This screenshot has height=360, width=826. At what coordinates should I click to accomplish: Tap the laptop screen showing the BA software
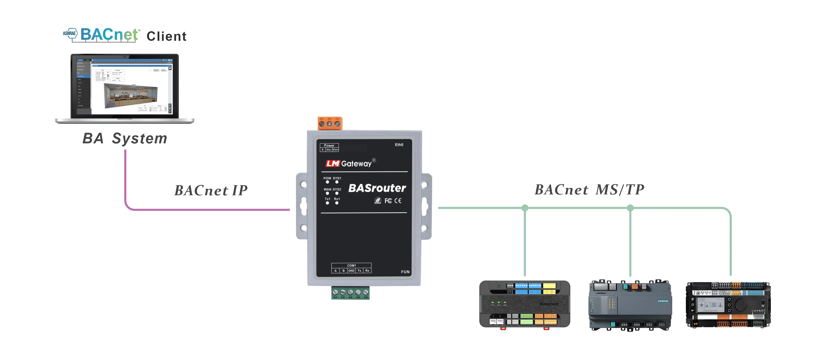(125, 87)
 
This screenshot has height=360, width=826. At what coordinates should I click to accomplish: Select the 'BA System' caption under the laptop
(124, 139)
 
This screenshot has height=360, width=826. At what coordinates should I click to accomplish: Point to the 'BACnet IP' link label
(211, 190)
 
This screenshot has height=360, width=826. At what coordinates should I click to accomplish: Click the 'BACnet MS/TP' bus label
(589, 190)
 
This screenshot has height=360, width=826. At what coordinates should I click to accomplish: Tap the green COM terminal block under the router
(351, 293)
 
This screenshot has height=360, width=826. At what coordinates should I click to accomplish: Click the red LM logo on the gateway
(333, 163)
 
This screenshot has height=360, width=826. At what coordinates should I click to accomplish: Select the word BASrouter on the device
(377, 188)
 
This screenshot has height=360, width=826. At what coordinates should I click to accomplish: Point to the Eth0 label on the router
(399, 145)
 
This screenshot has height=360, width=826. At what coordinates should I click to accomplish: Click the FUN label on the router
(405, 272)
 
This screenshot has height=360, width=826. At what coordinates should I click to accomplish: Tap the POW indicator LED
(327, 182)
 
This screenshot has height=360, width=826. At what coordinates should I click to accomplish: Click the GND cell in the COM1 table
(352, 271)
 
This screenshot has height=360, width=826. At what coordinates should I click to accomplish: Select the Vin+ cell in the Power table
(335, 150)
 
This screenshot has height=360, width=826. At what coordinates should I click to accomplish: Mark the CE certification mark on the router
(398, 201)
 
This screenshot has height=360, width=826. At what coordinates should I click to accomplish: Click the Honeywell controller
(525, 304)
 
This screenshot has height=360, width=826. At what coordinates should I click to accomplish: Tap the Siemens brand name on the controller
(663, 301)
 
